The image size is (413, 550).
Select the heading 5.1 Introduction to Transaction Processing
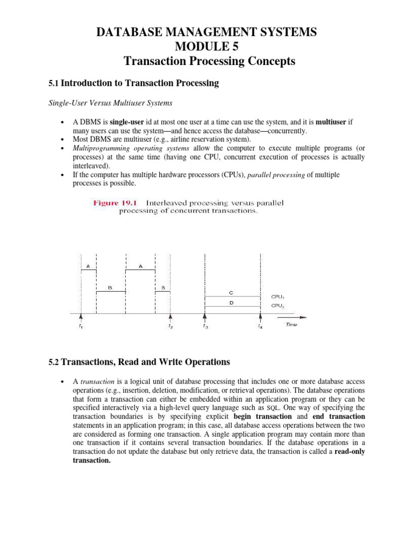tap(133, 83)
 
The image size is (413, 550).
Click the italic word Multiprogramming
tap(97, 148)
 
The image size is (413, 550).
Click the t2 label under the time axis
tap(170, 326)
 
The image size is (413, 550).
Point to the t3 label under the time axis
tap(205, 326)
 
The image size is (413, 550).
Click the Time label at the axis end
tap(290, 325)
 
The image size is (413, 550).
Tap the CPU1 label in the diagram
tap(277, 296)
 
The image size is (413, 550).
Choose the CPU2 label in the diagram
tap(277, 306)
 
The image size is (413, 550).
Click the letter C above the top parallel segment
tap(231, 293)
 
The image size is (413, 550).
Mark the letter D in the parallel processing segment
tap(231, 303)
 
